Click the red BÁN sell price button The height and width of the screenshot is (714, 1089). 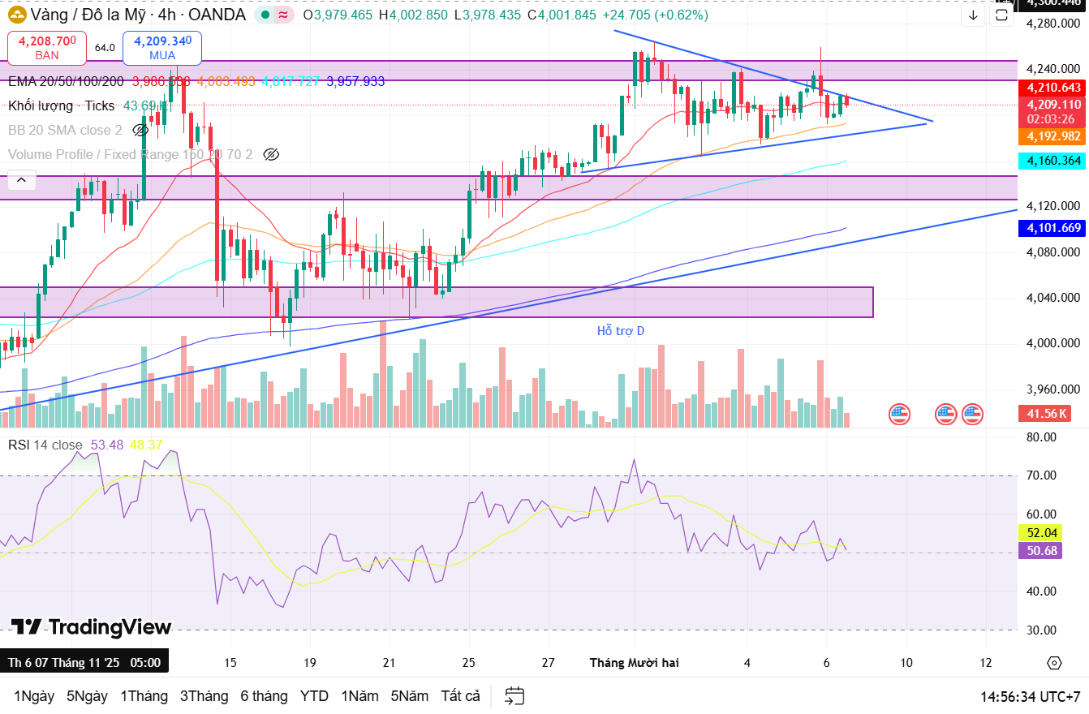coord(47,47)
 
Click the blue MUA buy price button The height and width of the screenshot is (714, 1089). coord(162,47)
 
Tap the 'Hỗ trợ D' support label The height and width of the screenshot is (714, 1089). coord(620,330)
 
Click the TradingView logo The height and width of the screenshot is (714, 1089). coord(91,627)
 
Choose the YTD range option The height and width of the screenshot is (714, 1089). coord(314,696)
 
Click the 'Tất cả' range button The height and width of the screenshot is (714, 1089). coord(460,696)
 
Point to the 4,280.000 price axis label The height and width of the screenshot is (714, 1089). coord(1053,23)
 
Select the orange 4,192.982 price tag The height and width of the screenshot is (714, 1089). coord(1053,136)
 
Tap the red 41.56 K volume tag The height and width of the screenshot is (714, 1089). coord(1044,414)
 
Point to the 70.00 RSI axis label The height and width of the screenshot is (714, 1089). coord(1041,475)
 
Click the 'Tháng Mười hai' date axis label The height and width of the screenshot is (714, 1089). coord(634,663)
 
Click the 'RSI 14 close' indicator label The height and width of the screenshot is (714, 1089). coord(45,445)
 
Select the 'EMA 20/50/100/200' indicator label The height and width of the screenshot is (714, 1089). coord(67,81)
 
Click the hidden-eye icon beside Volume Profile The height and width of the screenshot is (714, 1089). coord(271,154)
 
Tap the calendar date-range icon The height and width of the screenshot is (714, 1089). coord(514,696)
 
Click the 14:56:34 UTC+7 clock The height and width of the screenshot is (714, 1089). coord(1030,696)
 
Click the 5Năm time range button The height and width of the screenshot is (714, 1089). coord(410,696)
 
